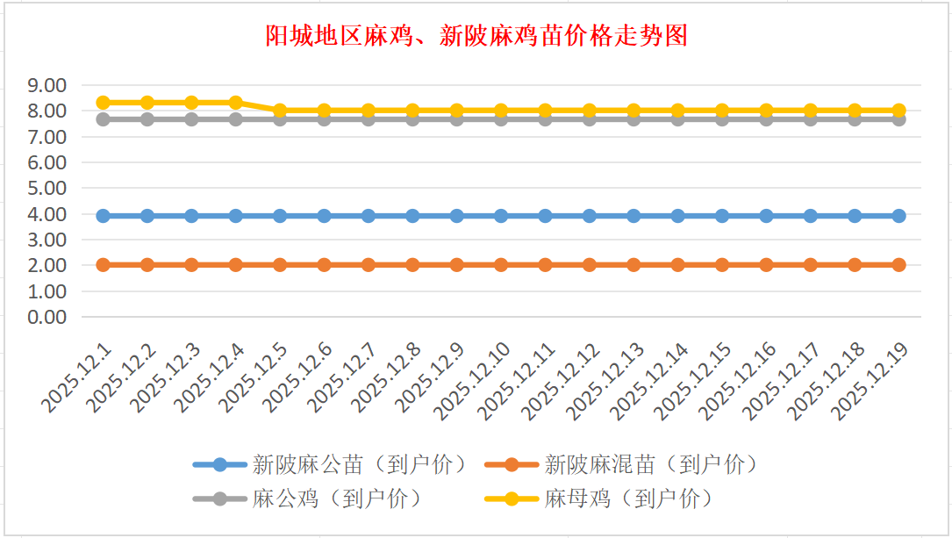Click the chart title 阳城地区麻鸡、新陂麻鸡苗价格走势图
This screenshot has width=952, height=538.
[476, 36]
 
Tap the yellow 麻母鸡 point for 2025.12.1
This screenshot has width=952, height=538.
[103, 103]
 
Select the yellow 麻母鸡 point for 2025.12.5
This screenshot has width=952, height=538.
[280, 111]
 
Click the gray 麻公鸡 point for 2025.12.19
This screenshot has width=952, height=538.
[898, 119]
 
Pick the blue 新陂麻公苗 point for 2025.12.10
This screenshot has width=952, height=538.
[501, 216]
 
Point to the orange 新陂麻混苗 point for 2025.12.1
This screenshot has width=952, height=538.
[103, 265]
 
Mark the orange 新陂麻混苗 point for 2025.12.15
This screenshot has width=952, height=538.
[722, 265]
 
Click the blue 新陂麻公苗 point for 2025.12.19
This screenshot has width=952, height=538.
[898, 216]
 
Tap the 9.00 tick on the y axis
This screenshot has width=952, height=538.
[47, 86]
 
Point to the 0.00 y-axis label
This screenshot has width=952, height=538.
[47, 317]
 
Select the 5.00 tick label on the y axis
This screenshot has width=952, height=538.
[47, 189]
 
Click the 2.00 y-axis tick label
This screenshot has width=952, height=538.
[47, 265]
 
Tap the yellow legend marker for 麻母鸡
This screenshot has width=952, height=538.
[512, 499]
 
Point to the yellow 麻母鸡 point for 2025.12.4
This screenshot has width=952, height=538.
[235, 103]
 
